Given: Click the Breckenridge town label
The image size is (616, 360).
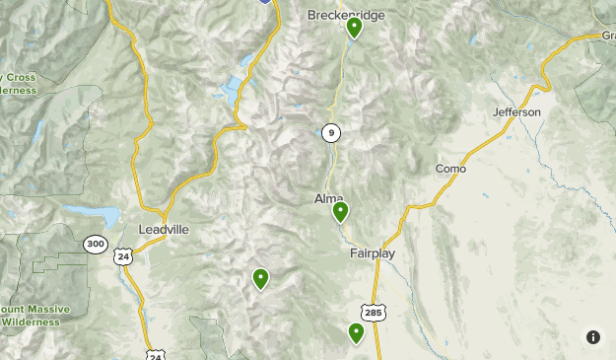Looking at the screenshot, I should pyautogui.click(x=345, y=15).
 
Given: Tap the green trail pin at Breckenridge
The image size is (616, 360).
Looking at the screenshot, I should pyautogui.click(x=354, y=28).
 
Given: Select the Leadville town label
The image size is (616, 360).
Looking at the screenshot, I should pyautogui.click(x=163, y=229).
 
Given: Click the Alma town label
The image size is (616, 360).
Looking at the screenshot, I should pyautogui.click(x=328, y=198).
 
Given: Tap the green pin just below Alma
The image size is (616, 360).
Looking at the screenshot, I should pyautogui.click(x=340, y=211).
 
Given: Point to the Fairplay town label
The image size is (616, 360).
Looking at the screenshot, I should pyautogui.click(x=372, y=253).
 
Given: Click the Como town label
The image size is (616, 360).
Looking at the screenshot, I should pyautogui.click(x=450, y=169).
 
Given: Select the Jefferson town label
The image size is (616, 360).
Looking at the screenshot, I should pyautogui.click(x=516, y=112).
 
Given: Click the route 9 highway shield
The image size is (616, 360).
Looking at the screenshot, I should pyautogui.click(x=330, y=132).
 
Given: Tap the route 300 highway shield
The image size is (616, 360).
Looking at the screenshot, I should pyautogui.click(x=95, y=244).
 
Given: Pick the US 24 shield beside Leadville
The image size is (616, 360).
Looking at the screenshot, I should pyautogui.click(x=123, y=255).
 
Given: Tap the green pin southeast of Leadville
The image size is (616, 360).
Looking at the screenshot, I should pyautogui.click(x=260, y=279).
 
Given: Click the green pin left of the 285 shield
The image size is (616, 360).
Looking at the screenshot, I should pyautogui.click(x=356, y=333).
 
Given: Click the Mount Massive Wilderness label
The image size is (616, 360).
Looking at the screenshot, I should pyautogui.click(x=34, y=315).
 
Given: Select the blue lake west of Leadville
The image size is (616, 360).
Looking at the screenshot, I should pyautogui.click(x=104, y=216).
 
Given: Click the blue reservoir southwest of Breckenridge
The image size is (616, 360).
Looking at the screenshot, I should pyautogui.click(x=233, y=92).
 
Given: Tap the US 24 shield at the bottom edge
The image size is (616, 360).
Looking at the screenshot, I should pyautogui.click(x=156, y=353).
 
